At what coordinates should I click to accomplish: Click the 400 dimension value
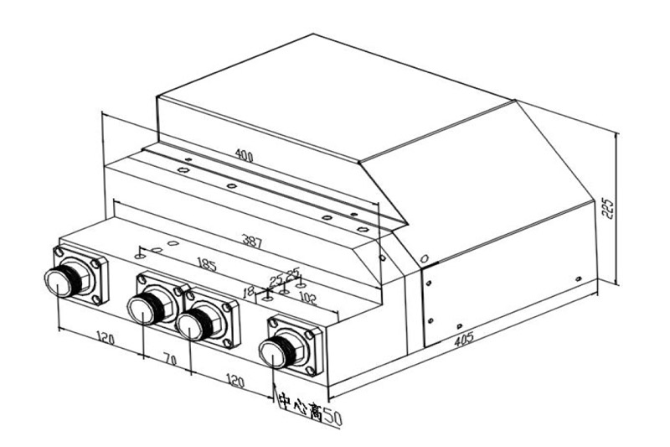click(x=244, y=156)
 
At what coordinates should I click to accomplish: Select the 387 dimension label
click(x=252, y=242)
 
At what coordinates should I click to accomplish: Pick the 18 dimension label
click(x=248, y=291)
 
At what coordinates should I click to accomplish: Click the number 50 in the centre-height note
click(x=332, y=416)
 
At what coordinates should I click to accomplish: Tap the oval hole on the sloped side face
click(x=424, y=257)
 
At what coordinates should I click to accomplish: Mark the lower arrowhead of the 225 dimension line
click(x=616, y=281)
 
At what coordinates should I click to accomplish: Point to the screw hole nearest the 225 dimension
click(x=577, y=278)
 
